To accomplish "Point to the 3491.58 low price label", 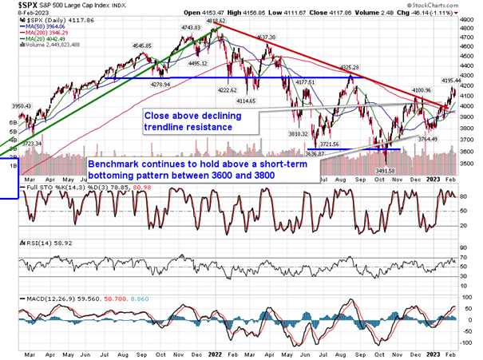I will pos(386,171).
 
